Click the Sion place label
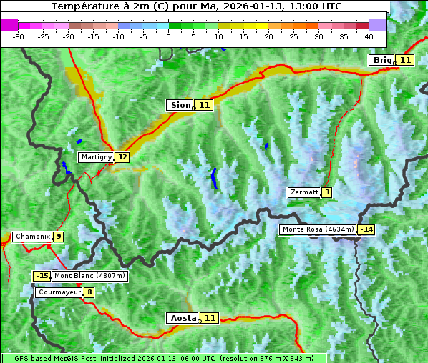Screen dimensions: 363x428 (x=180, y=105)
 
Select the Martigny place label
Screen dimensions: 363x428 (x=96, y=157)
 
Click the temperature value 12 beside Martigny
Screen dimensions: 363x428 (x=122, y=157)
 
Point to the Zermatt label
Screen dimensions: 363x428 (x=304, y=192)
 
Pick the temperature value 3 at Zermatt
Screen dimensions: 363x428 (x=327, y=192)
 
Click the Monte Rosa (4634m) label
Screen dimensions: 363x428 (x=318, y=229)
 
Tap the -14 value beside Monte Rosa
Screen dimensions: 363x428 (x=366, y=229)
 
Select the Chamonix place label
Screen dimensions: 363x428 (x=32, y=237)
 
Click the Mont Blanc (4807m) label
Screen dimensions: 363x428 (x=89, y=276)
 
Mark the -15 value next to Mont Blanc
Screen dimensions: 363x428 (x=42, y=276)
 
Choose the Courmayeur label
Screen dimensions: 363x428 (x=59, y=292)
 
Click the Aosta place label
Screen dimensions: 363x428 (x=182, y=318)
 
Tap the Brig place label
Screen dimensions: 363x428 (x=382, y=60)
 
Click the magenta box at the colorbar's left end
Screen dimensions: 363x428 (x=9, y=25)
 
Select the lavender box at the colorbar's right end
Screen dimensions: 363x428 (x=378, y=25)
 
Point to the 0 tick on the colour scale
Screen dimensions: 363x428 (x=168, y=36)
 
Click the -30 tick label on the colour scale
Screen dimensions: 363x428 (x=19, y=36)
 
